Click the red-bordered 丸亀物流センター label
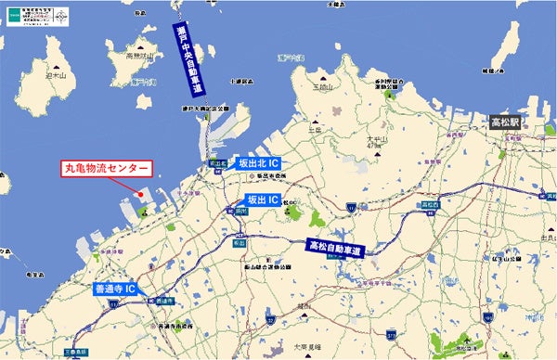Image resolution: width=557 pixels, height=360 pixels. [105, 169]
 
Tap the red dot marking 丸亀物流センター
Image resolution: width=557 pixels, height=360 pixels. [138, 195]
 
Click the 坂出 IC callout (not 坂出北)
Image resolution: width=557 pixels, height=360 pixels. [266, 199]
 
